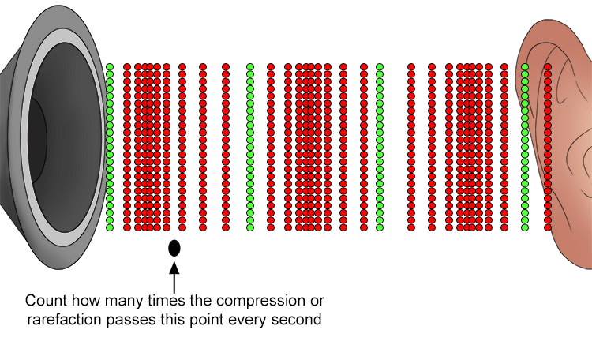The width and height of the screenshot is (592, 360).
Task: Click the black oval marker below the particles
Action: (x=174, y=248)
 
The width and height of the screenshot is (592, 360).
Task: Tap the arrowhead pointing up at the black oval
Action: (x=174, y=268)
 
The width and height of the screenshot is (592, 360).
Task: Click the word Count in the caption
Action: (x=46, y=301)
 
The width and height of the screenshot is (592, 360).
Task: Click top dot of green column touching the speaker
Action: (x=110, y=67)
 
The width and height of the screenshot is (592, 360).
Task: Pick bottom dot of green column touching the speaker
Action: (x=110, y=227)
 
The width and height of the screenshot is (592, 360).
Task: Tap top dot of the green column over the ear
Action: (x=524, y=67)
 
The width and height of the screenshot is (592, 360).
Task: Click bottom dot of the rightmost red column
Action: (x=548, y=227)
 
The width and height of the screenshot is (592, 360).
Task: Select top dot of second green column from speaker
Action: (x=250, y=67)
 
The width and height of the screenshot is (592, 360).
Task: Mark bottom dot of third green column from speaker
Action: (x=380, y=227)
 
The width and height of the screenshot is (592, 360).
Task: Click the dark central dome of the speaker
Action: (x=37, y=141)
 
